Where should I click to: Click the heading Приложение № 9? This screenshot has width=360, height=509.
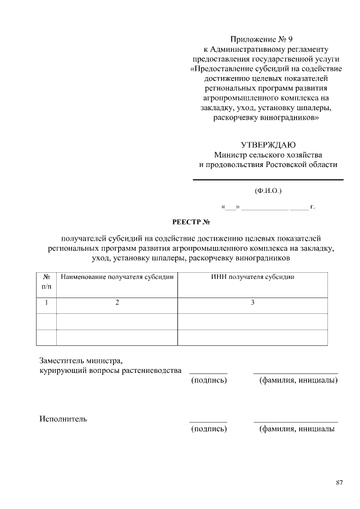(x=262, y=39)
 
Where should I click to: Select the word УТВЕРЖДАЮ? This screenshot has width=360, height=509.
(x=268, y=145)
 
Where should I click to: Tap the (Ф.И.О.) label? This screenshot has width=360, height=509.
(x=268, y=191)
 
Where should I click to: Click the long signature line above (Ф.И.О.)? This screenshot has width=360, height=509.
(x=268, y=179)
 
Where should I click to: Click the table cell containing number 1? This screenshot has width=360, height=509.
(x=46, y=303)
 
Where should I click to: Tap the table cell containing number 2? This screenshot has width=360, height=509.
(x=117, y=303)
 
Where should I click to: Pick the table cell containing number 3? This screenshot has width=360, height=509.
(x=253, y=303)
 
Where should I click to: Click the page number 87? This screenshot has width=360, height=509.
(x=339, y=483)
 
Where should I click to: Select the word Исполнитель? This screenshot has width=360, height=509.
(x=63, y=418)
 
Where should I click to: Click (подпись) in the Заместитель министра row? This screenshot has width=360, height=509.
(x=209, y=381)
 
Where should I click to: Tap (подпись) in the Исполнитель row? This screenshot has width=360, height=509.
(x=209, y=429)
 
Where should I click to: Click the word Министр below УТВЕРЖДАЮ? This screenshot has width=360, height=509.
(x=231, y=155)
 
